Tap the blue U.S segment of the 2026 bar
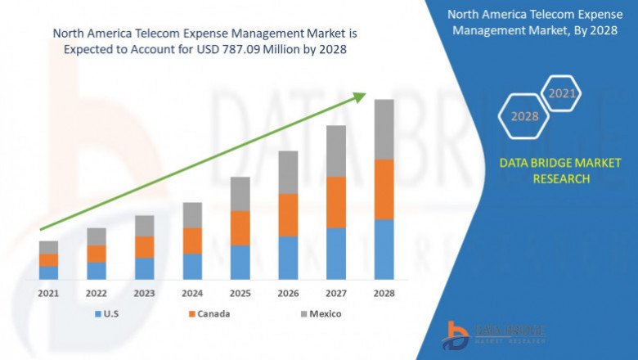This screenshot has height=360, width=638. (288, 258)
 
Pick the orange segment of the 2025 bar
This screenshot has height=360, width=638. (240, 228)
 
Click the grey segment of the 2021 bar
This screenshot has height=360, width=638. (48, 247)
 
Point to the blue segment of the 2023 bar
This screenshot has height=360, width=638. (144, 268)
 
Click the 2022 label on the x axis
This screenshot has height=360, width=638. (97, 293)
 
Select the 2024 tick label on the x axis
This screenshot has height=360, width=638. (192, 293)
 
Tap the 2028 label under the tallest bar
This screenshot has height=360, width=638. (384, 293)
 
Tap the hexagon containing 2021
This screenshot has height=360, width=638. (561, 94)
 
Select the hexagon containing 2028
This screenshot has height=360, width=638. (524, 116)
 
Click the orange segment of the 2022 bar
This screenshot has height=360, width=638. (97, 254)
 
